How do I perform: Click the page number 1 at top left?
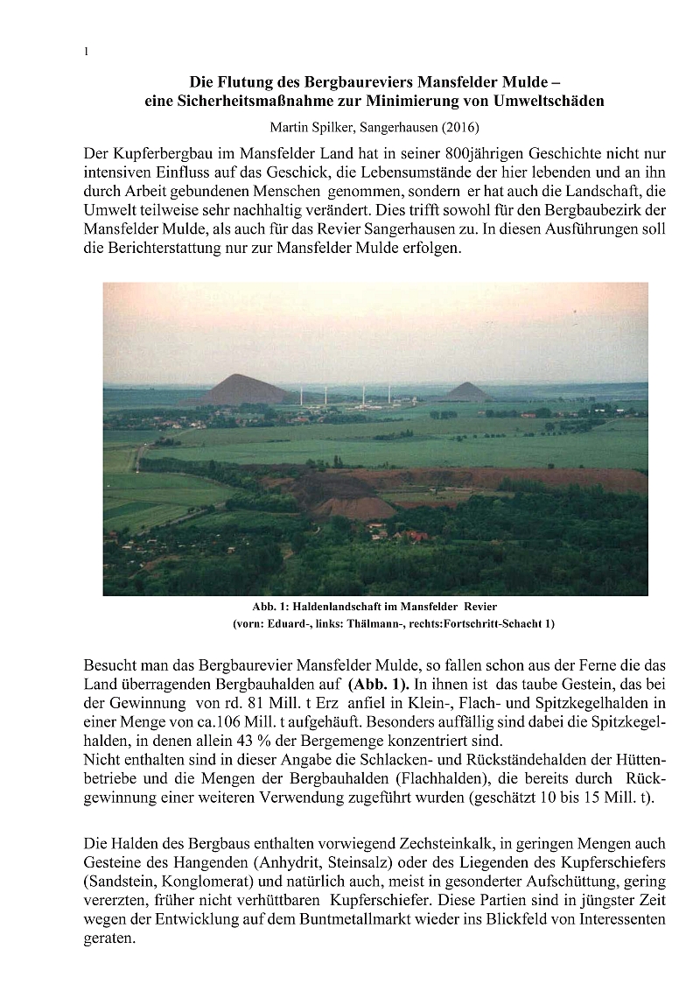[x=87, y=52]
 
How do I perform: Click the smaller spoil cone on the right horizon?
[x=465, y=390]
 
